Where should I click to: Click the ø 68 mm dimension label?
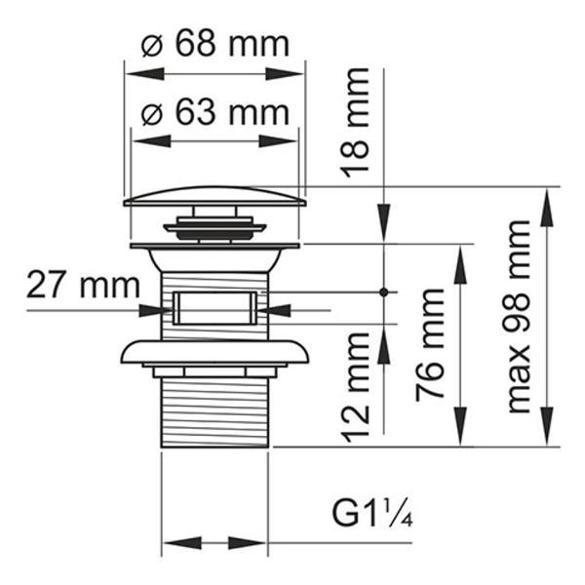click(x=214, y=45)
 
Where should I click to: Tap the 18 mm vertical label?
click(x=357, y=122)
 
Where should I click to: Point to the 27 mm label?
click(x=69, y=286)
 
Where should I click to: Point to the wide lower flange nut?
click(x=214, y=352)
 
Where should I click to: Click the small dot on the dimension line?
click(x=385, y=292)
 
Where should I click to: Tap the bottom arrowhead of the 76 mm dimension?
click(x=458, y=438)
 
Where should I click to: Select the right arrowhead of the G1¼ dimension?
click(x=258, y=543)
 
